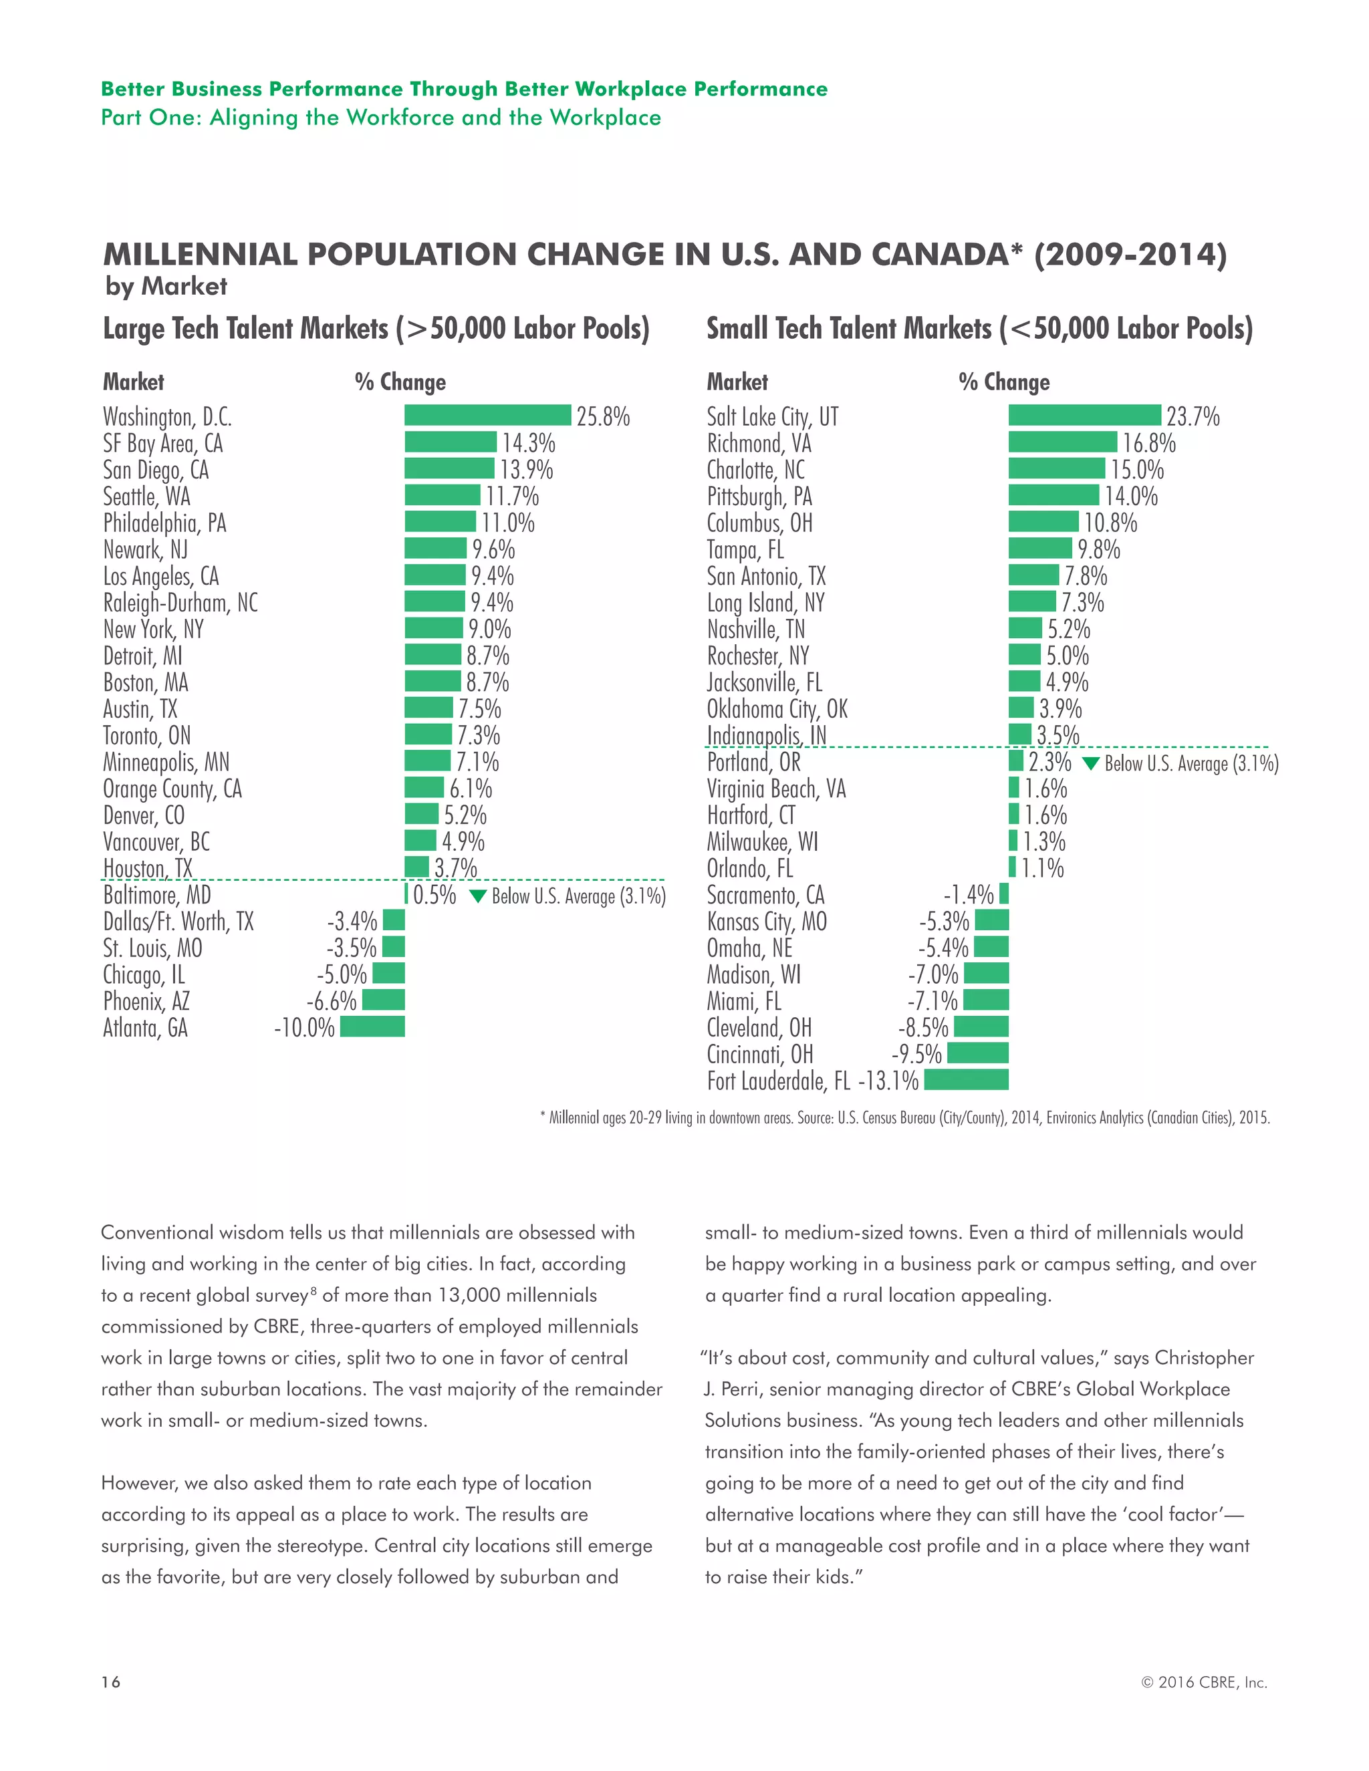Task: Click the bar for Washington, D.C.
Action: pyautogui.click(x=487, y=415)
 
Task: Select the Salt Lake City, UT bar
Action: pyautogui.click(x=1084, y=415)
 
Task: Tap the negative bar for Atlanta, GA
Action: pyautogui.click(x=372, y=1027)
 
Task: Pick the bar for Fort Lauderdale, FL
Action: pyautogui.click(x=966, y=1079)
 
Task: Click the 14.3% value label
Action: pyautogui.click(x=528, y=442)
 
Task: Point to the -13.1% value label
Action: pyautogui.click(x=888, y=1081)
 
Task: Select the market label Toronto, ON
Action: pyautogui.click(x=147, y=736)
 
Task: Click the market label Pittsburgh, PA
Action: pyautogui.click(x=759, y=497)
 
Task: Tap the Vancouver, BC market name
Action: pyautogui.click(x=156, y=841)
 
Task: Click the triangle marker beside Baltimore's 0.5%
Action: pyautogui.click(x=478, y=896)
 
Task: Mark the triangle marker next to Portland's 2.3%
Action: pyautogui.click(x=1091, y=763)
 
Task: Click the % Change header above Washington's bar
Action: pyautogui.click(x=400, y=382)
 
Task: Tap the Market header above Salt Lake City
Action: pyautogui.click(x=737, y=382)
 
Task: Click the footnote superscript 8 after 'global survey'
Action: pyautogui.click(x=313, y=1290)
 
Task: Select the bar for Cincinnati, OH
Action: pyautogui.click(x=977, y=1053)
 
